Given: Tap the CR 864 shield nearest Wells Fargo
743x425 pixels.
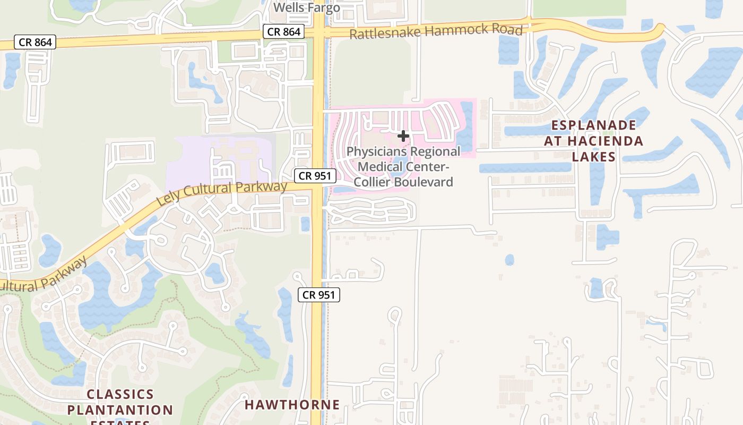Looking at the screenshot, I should coord(284,32).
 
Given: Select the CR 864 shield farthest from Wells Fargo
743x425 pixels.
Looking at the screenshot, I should coord(35,42).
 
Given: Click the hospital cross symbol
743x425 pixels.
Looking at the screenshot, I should coord(403,136).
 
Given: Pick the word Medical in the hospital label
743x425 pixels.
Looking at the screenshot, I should coord(377,167).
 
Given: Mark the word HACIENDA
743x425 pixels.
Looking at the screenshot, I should coord(605,141).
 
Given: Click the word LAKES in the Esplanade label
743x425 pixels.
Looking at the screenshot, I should coord(593,157).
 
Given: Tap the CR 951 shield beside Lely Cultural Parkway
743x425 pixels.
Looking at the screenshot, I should coord(315,176).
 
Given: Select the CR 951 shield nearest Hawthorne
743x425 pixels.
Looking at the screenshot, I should coord(318,295).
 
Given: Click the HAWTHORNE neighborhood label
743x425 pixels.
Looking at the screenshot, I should coord(292,405).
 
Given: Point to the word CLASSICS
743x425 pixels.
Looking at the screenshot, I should coord(120,395).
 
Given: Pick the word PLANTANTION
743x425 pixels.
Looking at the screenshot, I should coord(120,410).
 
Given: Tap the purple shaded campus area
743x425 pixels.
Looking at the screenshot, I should coord(191,159).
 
